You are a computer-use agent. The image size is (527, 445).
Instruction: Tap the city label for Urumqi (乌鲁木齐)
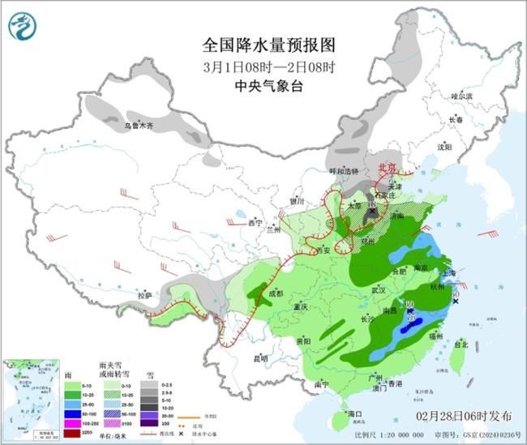pyautogui.click(x=138, y=126)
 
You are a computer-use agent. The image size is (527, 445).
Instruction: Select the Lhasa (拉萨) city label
pyautogui.click(x=144, y=294)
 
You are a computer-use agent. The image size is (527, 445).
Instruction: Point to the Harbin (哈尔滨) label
pyautogui.click(x=461, y=96)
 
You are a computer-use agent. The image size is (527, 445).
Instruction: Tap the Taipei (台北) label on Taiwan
pyautogui.click(x=460, y=344)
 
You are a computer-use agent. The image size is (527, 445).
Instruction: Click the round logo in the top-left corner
pyautogui.click(x=24, y=27)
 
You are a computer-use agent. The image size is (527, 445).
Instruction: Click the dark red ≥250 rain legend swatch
pyautogui.click(x=73, y=434)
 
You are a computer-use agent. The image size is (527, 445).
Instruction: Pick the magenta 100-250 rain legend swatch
pyautogui.click(x=73, y=423)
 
